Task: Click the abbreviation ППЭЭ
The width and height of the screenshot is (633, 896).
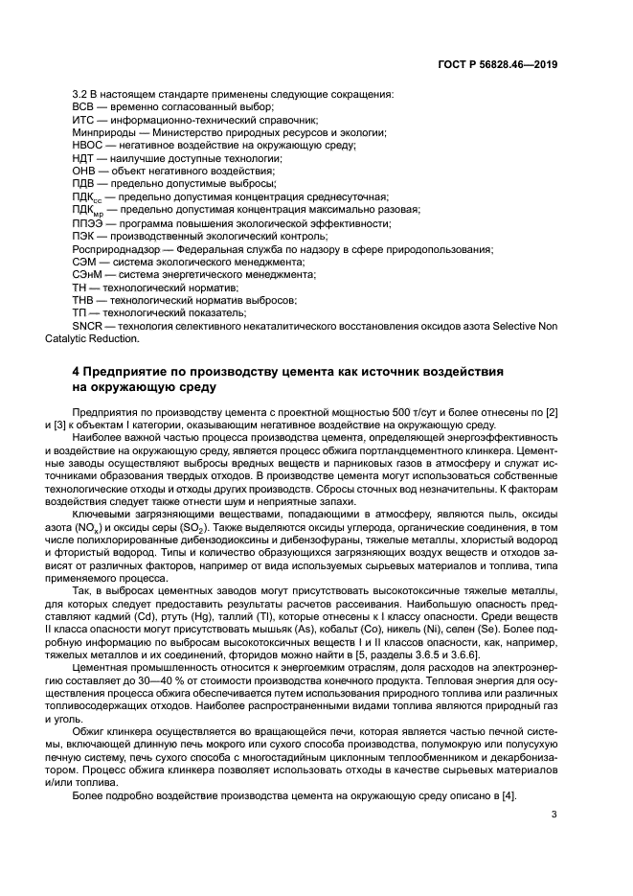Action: click(x=89, y=222)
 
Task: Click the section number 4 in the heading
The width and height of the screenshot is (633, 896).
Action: click(x=77, y=370)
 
